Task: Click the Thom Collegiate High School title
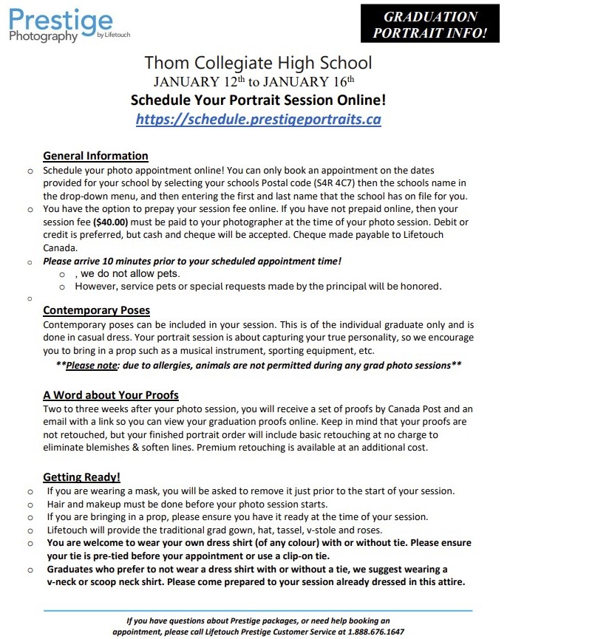[x=258, y=63]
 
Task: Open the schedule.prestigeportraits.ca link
[x=258, y=119]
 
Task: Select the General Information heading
[x=95, y=156]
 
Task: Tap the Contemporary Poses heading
[x=96, y=310]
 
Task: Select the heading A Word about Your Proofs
[x=110, y=394]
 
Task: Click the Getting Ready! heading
[x=81, y=477]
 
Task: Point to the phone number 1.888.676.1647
[x=376, y=632]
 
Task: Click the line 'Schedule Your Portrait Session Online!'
[x=258, y=100]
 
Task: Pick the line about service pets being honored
[x=258, y=286]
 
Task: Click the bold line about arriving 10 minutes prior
[x=192, y=261]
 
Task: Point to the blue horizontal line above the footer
[x=258, y=611]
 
